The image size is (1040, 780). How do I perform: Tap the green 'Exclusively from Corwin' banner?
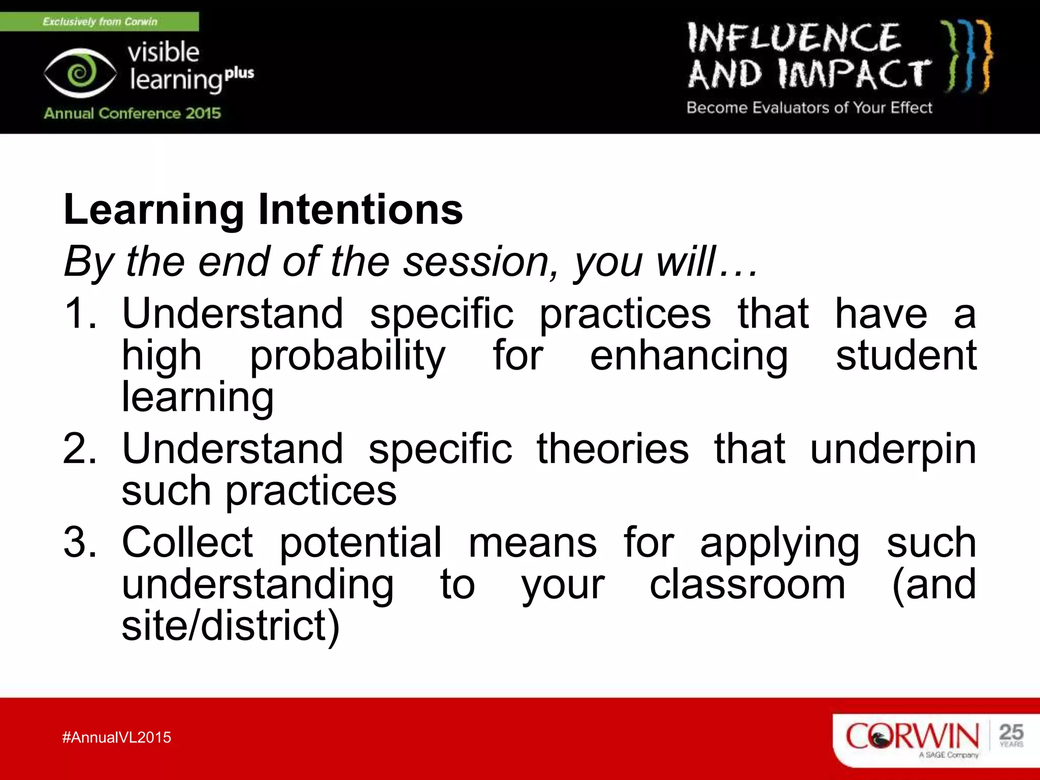click(x=100, y=21)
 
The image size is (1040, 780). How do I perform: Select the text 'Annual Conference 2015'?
click(x=132, y=113)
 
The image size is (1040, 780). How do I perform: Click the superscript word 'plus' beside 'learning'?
click(x=239, y=73)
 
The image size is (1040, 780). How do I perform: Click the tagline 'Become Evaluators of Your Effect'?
click(x=809, y=108)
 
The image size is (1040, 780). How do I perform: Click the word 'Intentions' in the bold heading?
click(x=361, y=209)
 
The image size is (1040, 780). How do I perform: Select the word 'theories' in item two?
click(x=613, y=448)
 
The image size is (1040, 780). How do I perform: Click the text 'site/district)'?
click(x=231, y=626)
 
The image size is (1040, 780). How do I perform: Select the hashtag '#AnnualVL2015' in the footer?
click(x=117, y=737)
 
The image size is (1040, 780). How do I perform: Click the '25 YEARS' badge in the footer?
click(x=1011, y=735)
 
